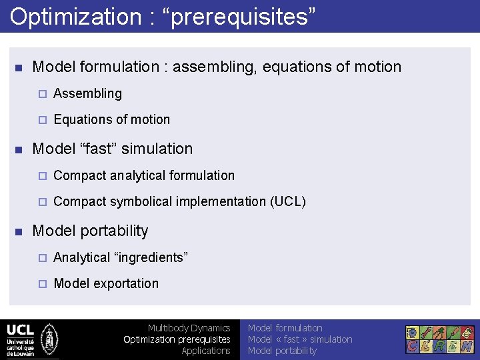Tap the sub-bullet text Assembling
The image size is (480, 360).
coord(87,93)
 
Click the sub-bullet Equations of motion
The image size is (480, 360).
coord(111,119)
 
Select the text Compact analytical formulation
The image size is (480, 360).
coord(144,175)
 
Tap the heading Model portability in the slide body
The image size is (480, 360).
coord(90,231)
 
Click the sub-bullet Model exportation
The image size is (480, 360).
coord(106,283)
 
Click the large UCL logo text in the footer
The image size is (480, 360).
coord(20,330)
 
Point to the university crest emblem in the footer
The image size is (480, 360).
coord(49,339)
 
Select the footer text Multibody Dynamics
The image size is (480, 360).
coord(189,328)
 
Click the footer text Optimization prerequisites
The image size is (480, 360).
coord(177,339)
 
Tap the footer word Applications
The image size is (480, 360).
coord(205,351)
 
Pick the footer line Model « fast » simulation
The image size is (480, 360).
coord(300,339)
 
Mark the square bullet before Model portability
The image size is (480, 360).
coord(19,231)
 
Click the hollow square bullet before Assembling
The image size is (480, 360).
coord(41,94)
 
